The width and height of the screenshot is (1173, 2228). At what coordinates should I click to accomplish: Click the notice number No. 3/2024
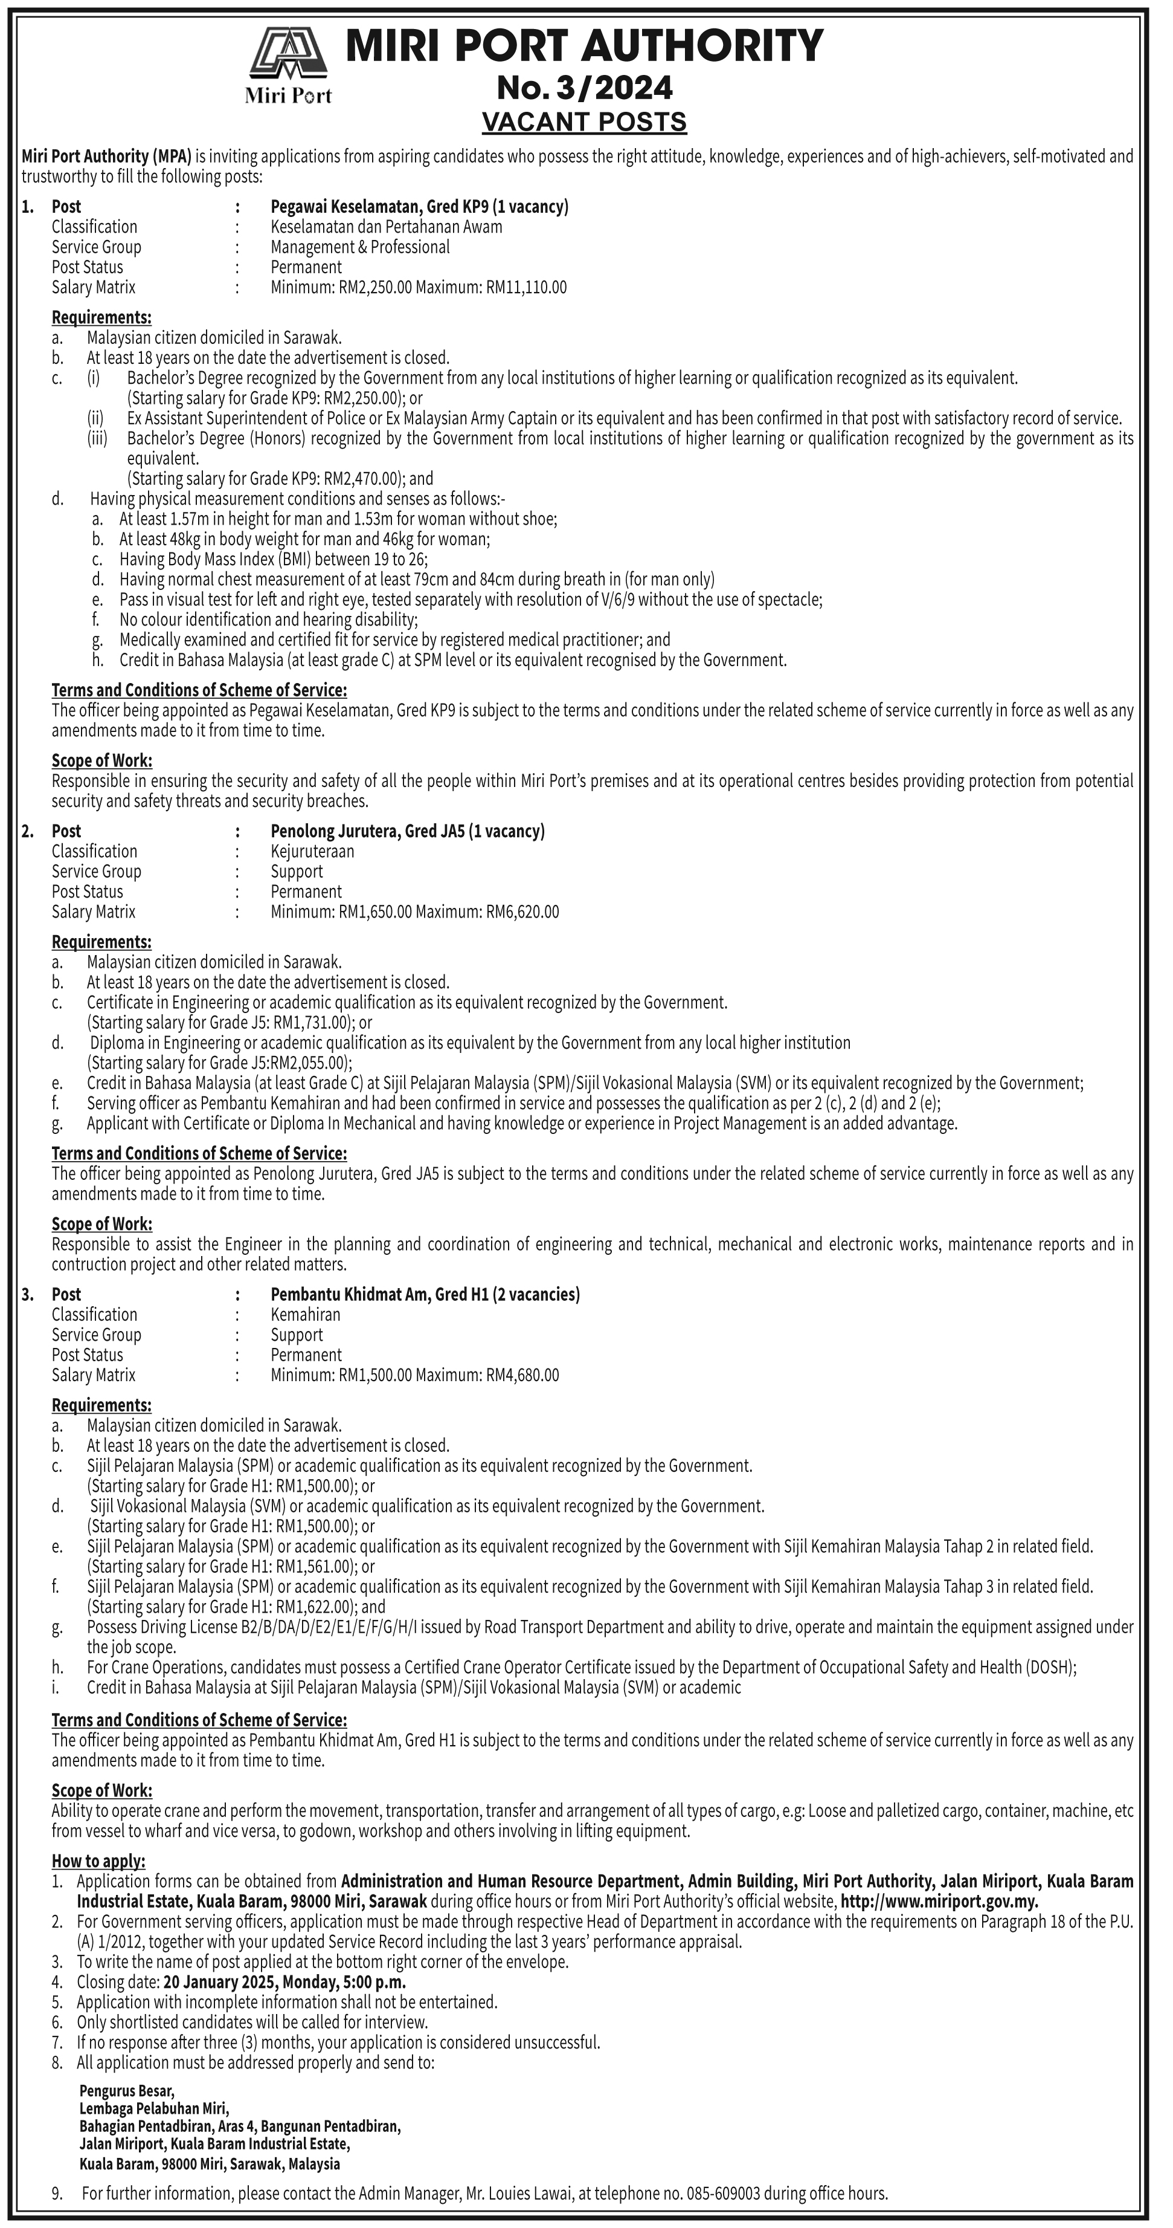pos(584,88)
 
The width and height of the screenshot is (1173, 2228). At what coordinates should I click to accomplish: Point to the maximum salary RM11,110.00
pos(527,287)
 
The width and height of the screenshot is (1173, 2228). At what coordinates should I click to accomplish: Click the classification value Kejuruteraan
pos(312,851)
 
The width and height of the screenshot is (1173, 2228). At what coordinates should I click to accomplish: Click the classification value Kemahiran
pos(305,1314)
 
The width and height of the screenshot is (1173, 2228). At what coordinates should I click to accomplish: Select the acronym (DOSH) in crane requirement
pos(1047,1666)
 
